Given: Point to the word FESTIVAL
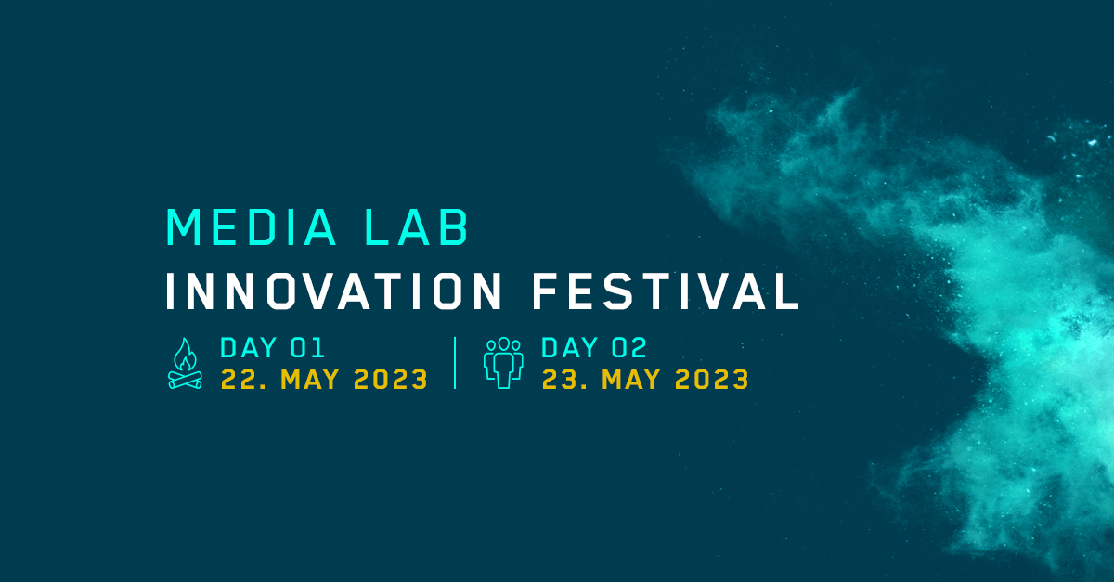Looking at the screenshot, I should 666,291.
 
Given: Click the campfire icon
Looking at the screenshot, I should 185,363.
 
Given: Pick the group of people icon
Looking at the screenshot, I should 503,363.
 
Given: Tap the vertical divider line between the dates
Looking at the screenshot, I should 455,363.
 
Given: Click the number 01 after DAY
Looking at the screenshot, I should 308,349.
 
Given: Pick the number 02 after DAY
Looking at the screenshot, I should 629,349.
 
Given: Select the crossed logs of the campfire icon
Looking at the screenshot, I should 185,379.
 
